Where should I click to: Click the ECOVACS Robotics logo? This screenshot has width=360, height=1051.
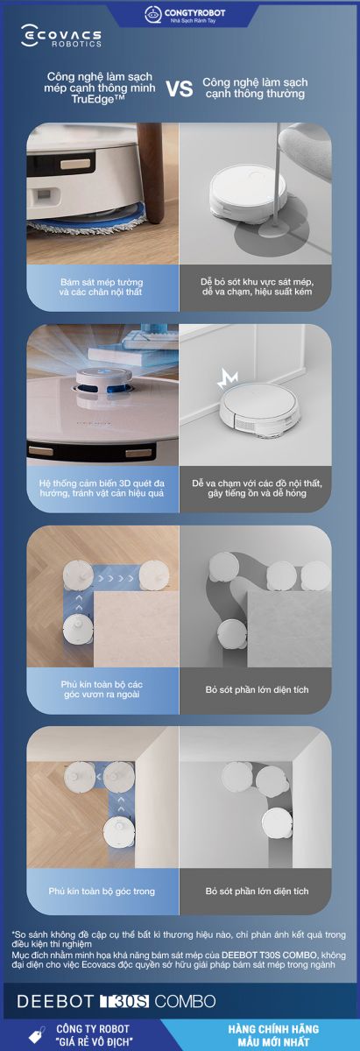pos(61,36)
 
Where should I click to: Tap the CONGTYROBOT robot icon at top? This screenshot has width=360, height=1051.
pos(153,15)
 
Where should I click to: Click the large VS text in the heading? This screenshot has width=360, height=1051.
pos(180,88)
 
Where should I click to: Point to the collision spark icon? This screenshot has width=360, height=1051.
pos(228,378)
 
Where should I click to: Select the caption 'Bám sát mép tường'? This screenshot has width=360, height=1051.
pos(102,282)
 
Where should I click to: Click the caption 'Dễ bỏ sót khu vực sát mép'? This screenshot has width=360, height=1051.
pos(258,282)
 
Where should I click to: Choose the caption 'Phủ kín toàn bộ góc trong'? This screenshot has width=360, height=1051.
pos(102,891)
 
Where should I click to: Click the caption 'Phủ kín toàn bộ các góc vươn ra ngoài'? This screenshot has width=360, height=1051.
pos(102,689)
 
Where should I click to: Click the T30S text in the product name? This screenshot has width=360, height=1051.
pos(124,1001)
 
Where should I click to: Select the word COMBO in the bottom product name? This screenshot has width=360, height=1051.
pos(185,1001)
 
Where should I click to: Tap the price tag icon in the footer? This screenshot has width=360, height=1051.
pos(37,1035)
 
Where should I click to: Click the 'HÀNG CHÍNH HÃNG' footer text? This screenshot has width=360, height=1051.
pos(273,1029)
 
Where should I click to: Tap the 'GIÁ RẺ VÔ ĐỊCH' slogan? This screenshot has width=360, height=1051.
pos(95,1041)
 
